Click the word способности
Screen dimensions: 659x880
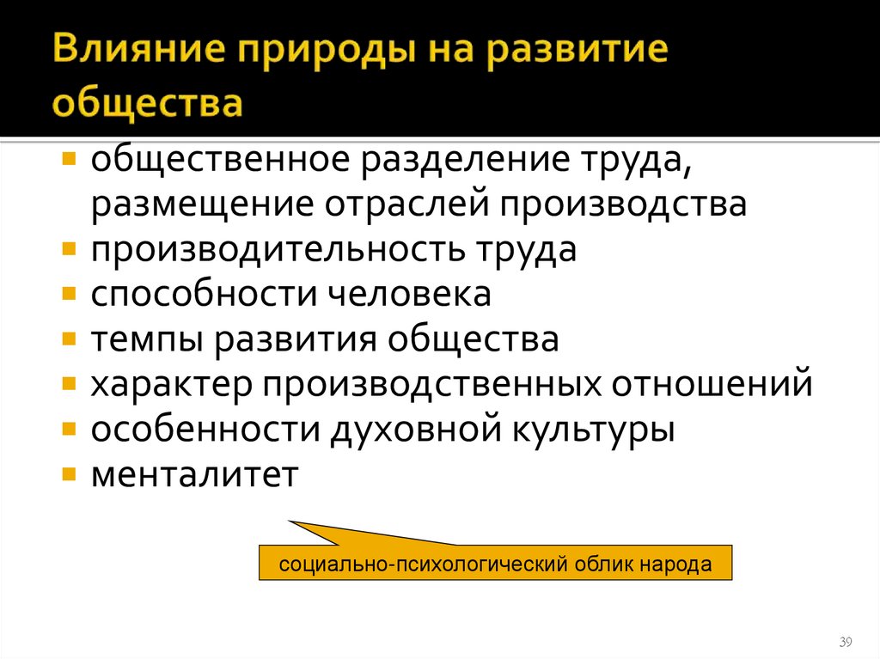coord(199,296)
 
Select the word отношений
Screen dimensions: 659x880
coord(712,383)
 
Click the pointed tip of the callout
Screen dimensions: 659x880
coord(290,522)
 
